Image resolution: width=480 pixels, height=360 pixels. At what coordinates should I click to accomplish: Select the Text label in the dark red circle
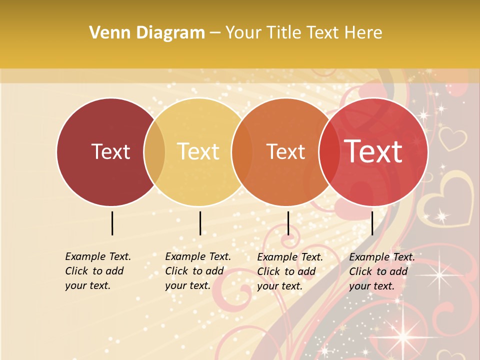click(x=110, y=151)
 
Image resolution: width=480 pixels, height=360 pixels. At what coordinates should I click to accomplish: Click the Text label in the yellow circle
click(x=198, y=151)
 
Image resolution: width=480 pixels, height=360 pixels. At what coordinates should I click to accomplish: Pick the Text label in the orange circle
click(x=285, y=151)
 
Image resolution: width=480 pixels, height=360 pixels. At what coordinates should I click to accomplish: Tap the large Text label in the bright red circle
click(x=373, y=151)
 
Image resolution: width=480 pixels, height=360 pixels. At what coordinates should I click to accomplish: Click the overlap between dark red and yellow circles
click(x=154, y=151)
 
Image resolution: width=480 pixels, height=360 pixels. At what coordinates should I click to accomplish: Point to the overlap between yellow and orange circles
click(x=242, y=151)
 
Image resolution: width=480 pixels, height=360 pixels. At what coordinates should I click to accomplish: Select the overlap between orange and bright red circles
click(x=329, y=151)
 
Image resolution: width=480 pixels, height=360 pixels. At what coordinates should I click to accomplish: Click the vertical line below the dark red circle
click(x=112, y=223)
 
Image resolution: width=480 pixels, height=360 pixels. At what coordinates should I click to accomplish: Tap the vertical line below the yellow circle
click(x=200, y=223)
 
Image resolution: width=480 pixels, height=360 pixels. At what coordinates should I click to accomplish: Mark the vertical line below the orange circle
click(x=288, y=223)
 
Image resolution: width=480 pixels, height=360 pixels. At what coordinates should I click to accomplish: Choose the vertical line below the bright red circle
click(x=372, y=223)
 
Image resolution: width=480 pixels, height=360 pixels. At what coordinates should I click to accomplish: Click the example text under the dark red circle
click(x=97, y=271)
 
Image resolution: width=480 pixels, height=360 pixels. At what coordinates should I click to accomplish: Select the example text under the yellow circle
click(x=197, y=271)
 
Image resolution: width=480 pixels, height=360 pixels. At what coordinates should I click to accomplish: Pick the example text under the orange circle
click(x=289, y=271)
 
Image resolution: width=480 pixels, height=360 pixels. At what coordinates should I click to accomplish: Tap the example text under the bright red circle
click(x=381, y=271)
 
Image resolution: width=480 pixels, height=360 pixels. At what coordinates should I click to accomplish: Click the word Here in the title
click(x=364, y=33)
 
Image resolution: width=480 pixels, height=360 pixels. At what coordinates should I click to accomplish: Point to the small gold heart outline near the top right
click(x=452, y=138)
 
